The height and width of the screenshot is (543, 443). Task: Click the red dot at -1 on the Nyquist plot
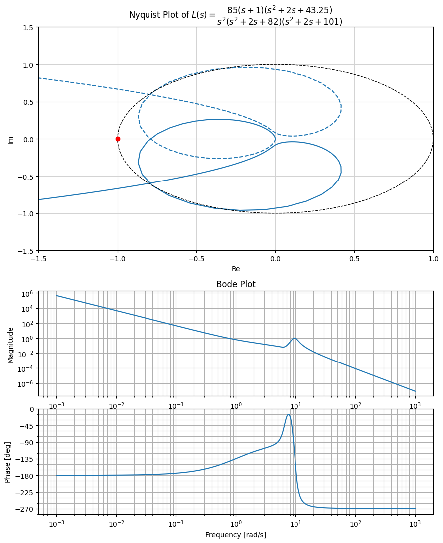(118, 139)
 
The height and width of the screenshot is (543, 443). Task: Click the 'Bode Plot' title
(236, 284)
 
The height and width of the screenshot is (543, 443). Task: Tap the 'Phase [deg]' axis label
(7, 461)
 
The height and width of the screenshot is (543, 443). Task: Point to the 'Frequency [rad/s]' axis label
(236, 535)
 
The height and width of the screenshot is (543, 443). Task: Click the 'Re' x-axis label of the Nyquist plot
(236, 269)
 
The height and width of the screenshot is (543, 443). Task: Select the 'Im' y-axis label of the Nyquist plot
(10, 139)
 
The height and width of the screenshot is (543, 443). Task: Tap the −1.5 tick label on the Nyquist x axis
(38, 259)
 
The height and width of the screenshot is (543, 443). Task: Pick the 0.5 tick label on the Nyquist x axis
(354, 259)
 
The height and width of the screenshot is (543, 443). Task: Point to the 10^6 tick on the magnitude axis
(26, 294)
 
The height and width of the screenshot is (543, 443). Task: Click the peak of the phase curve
(288, 414)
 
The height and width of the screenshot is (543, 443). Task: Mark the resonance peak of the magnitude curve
(295, 338)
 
